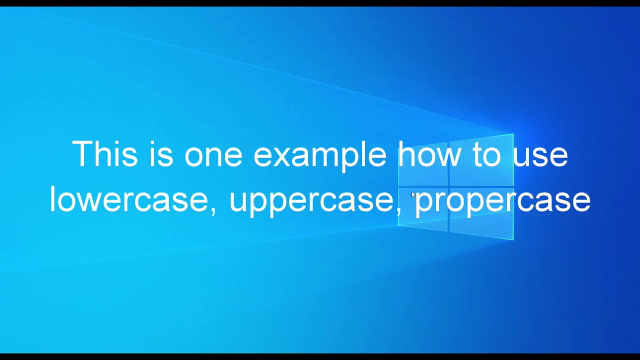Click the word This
pyautogui.click(x=104, y=154)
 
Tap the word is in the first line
pyautogui.click(x=160, y=154)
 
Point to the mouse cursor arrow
pyautogui.click(x=413, y=194)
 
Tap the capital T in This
pyautogui.click(x=82, y=153)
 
